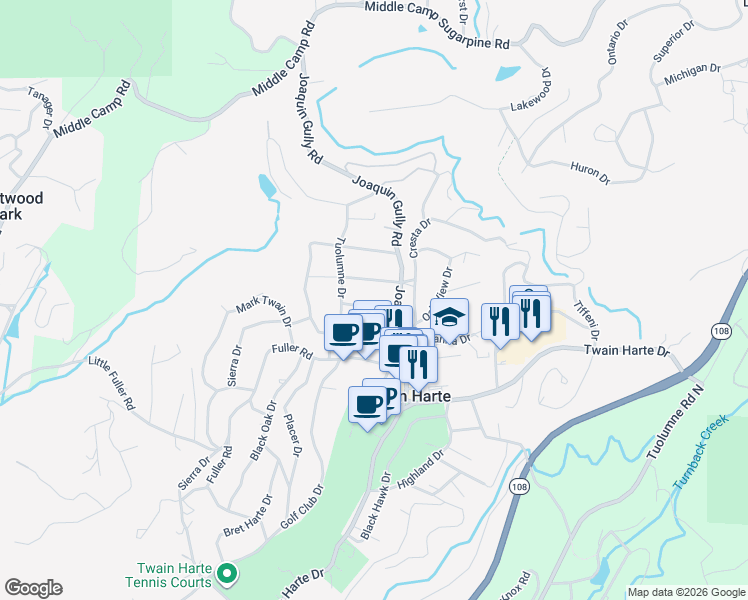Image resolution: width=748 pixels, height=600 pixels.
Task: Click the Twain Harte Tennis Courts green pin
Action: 227,574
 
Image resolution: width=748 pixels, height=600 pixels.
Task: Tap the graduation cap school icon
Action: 449,317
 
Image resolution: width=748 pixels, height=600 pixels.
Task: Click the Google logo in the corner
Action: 33,588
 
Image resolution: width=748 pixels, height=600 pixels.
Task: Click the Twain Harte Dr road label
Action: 626,352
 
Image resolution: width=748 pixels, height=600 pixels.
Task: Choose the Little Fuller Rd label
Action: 111,383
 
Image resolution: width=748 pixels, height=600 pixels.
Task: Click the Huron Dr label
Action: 589,173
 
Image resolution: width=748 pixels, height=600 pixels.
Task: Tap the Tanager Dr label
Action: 41,107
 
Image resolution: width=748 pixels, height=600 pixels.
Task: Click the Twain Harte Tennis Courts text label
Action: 169,574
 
